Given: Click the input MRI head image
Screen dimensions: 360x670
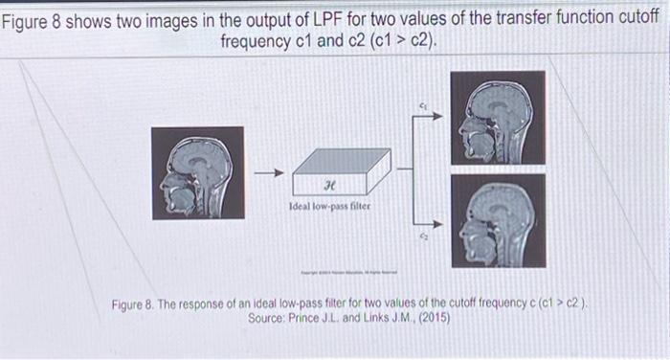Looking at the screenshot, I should click(191, 174).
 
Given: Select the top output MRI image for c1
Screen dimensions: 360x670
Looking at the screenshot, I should click(498, 116).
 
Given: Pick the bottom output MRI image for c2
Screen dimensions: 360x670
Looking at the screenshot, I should click(498, 219).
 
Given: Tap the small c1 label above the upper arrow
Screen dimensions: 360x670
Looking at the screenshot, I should click(422, 100).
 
